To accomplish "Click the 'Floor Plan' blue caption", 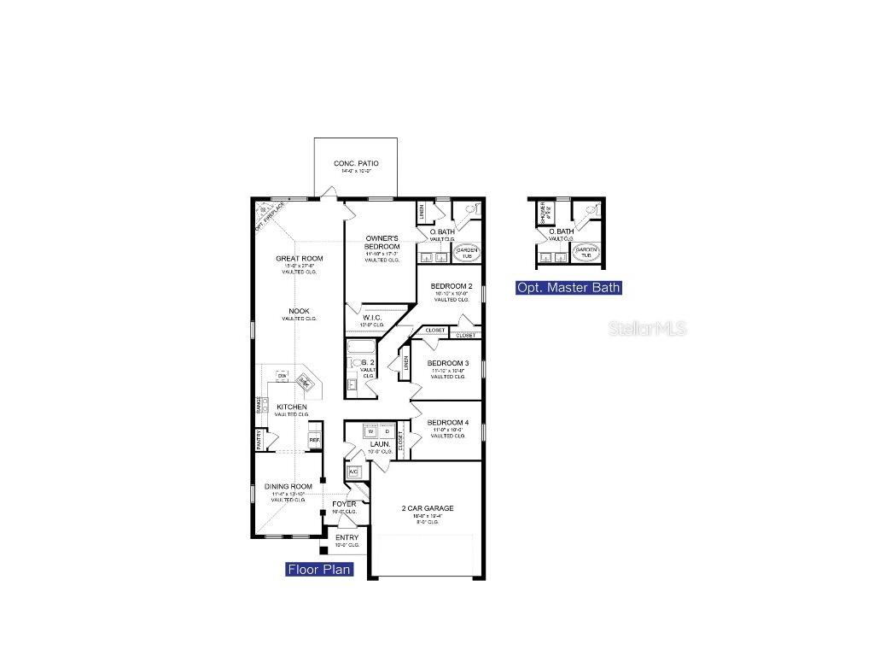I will (319, 570).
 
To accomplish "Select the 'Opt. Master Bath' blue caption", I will (568, 288).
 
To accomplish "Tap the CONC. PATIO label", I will (356, 163).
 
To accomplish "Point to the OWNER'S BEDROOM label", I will (382, 243).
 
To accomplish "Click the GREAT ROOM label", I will (299, 259).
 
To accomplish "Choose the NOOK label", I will (299, 311).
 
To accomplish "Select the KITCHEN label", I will (291, 407).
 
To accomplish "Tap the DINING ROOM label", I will (288, 486).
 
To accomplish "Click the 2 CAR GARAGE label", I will (428, 508).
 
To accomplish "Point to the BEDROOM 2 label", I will (452, 286).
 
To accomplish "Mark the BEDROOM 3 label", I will (448, 363).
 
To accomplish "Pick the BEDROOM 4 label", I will (448, 423).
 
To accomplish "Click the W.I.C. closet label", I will (372, 318).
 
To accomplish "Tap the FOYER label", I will (344, 505).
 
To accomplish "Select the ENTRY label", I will (347, 538).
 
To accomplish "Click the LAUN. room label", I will (378, 445).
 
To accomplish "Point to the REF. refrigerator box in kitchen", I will (314, 441).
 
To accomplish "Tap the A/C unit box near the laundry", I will (353, 471).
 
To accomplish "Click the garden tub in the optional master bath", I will (586, 253).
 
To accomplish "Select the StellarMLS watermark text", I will (647, 328).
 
